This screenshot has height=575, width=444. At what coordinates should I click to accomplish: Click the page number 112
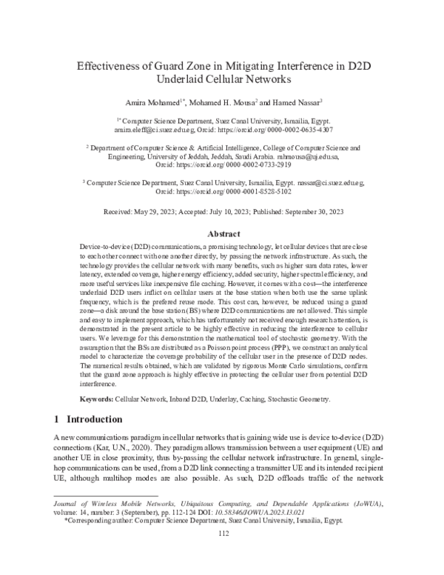(222, 553)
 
